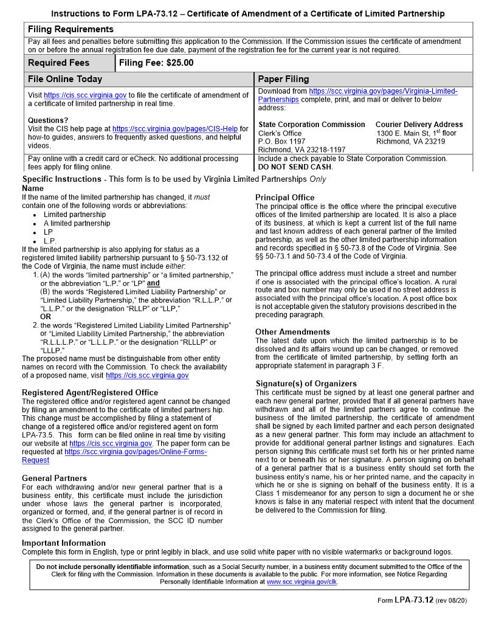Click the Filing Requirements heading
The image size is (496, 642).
[x=71, y=29]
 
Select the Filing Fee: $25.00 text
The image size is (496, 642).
[x=156, y=63]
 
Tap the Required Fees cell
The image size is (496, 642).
[x=58, y=63]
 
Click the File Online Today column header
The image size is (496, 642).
[x=65, y=79]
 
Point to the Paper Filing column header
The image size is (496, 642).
[x=283, y=79]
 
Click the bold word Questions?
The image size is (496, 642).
[x=48, y=120]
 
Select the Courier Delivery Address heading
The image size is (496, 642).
[x=419, y=125]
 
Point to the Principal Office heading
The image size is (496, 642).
[x=284, y=198]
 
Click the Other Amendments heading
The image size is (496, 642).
[x=292, y=332]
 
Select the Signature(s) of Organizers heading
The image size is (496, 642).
[x=306, y=384]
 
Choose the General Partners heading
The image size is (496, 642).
[x=54, y=478]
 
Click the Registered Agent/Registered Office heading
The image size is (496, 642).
[x=89, y=393]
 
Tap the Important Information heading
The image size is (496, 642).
[x=64, y=543]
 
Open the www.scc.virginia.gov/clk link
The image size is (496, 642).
[x=301, y=582]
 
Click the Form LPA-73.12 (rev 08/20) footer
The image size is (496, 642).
[x=422, y=600]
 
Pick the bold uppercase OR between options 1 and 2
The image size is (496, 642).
[x=46, y=317]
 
